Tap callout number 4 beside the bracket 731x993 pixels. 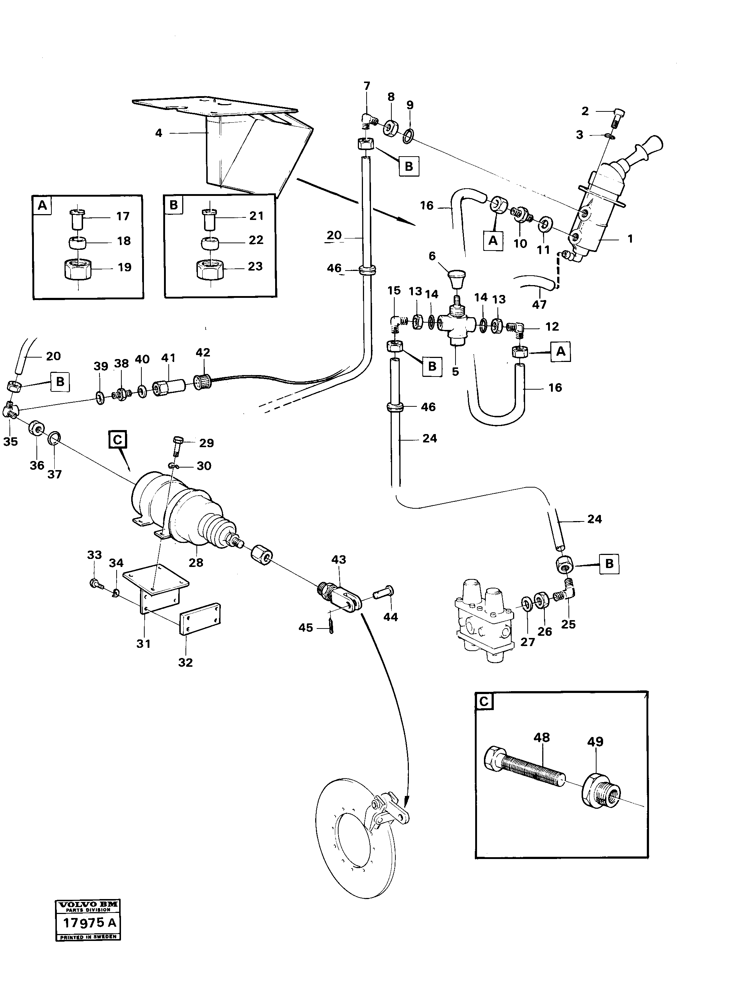[x=159, y=133]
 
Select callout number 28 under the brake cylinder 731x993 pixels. [x=196, y=562]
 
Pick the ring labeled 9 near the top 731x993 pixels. [x=409, y=136]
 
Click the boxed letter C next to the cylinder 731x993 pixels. [x=117, y=440]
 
